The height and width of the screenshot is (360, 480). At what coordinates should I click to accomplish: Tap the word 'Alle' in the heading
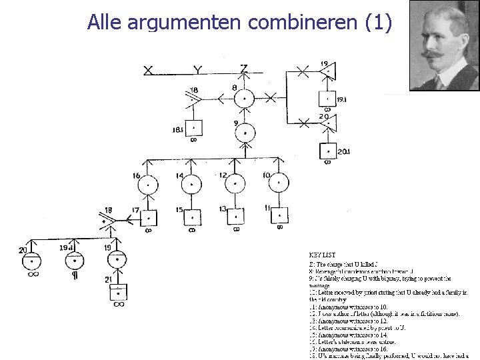[x=103, y=22]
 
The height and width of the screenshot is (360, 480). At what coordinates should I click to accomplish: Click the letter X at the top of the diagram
[x=148, y=70]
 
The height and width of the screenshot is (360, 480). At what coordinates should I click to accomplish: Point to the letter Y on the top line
[x=197, y=70]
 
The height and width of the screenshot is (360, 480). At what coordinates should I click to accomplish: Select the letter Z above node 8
[x=244, y=68]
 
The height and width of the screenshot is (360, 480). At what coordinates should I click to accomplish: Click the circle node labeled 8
[x=245, y=99]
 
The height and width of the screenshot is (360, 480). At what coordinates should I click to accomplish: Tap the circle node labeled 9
[x=245, y=133]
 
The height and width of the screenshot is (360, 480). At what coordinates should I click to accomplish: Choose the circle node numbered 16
[x=148, y=183]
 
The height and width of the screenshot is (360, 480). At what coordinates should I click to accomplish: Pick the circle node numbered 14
[x=192, y=183]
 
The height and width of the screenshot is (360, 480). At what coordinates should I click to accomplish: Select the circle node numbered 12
[x=235, y=183]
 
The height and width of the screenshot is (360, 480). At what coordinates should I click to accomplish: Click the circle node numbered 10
[x=279, y=183]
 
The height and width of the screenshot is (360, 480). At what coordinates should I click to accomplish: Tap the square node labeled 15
[x=192, y=217]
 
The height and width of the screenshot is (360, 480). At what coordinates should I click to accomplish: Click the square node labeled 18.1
[x=193, y=127]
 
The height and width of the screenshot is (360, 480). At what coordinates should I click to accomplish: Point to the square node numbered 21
[x=119, y=291]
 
